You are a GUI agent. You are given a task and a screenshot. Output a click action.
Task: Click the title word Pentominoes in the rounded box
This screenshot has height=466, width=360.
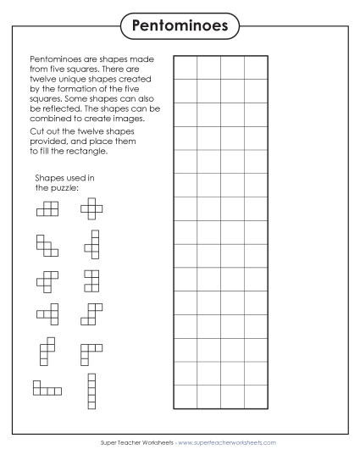180,26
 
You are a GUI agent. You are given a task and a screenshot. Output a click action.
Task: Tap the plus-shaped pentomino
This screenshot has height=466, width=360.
91,208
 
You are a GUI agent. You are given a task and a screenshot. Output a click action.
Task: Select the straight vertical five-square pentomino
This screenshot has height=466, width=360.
91,391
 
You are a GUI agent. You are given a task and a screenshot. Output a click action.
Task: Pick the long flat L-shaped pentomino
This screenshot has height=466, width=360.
47,388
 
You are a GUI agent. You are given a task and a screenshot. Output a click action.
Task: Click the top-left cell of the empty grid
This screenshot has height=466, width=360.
186,68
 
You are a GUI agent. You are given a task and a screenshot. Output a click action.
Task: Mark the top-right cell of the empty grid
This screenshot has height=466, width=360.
256,68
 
